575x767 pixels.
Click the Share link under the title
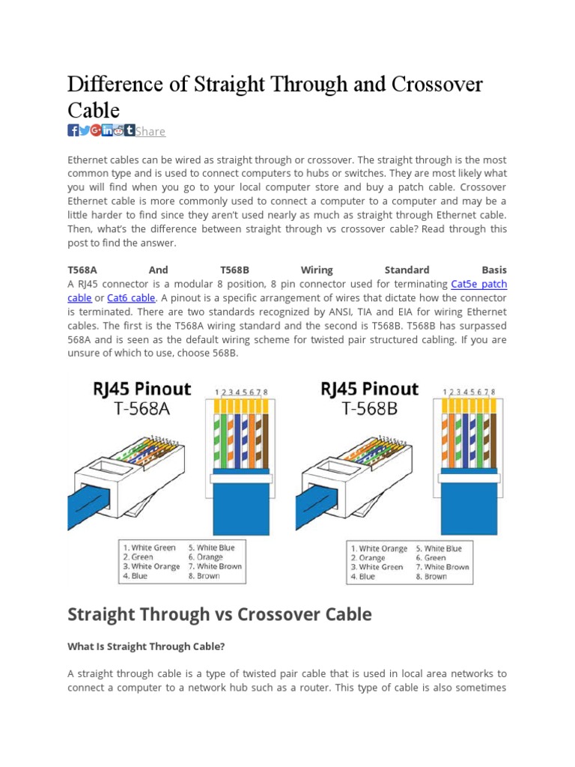click(x=150, y=132)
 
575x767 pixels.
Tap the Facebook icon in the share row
click(x=73, y=130)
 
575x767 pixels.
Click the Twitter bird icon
click(x=85, y=130)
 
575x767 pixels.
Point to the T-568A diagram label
click(x=142, y=408)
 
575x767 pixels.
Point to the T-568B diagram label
click(x=370, y=408)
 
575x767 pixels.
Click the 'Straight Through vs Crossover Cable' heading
click(x=219, y=615)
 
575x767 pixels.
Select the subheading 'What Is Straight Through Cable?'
click(x=147, y=646)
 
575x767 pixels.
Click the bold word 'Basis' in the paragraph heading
click(x=494, y=270)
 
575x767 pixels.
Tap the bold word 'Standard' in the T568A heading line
click(x=407, y=270)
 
